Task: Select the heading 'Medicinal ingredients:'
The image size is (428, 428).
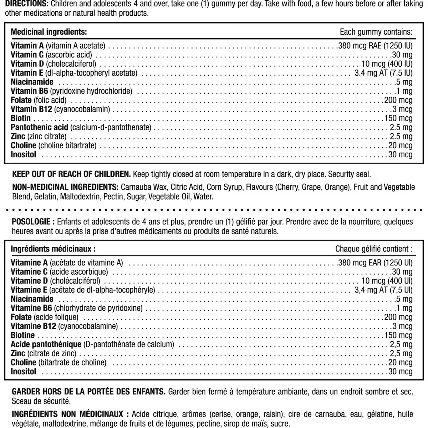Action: [x=49, y=32]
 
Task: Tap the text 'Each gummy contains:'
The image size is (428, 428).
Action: [x=376, y=32]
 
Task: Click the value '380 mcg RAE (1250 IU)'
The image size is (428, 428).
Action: [x=375, y=46]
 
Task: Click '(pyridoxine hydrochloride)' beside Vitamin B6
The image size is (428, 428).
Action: [x=91, y=91]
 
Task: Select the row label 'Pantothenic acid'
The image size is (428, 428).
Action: [x=40, y=127]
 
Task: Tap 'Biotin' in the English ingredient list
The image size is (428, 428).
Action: [x=21, y=118]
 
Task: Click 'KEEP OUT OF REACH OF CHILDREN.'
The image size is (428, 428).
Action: [x=71, y=174]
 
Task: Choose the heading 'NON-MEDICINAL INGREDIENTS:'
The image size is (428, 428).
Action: [x=65, y=187]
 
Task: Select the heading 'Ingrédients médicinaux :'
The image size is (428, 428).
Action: [x=53, y=249]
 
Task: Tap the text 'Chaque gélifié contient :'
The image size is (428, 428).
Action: [x=374, y=249]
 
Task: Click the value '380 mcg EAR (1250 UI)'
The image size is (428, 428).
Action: [x=375, y=263]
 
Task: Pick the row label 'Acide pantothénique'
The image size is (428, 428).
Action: [x=46, y=345]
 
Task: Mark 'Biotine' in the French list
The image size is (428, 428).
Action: [x=23, y=335]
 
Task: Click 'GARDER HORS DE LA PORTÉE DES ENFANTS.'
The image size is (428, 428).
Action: [x=88, y=392]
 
